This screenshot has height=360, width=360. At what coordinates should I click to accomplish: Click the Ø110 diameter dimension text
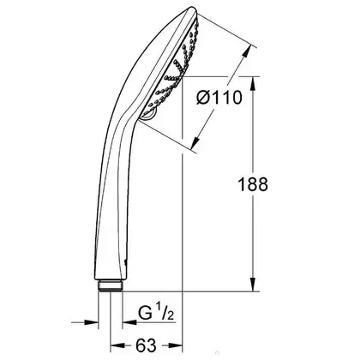click(x=219, y=98)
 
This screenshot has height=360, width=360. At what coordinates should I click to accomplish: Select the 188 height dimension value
click(x=253, y=184)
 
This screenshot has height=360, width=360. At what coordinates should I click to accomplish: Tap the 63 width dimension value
click(x=147, y=345)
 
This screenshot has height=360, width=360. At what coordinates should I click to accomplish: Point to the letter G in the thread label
click(x=146, y=313)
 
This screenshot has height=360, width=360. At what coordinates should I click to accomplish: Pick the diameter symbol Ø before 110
click(x=204, y=98)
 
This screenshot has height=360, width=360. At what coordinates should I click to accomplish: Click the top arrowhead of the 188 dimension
click(x=253, y=84)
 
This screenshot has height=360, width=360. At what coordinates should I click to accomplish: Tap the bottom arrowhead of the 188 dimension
click(x=253, y=285)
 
